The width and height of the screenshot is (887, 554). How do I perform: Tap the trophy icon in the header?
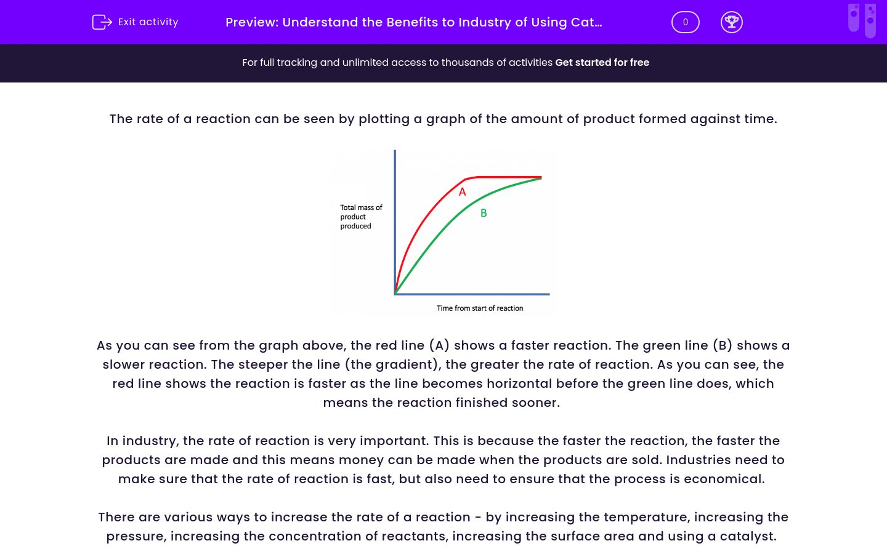[731, 22]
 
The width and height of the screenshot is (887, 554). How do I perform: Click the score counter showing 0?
[685, 22]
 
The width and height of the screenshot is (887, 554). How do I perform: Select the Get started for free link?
[602, 63]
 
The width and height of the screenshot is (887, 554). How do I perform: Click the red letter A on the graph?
[463, 192]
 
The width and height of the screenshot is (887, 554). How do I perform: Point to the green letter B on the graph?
[484, 213]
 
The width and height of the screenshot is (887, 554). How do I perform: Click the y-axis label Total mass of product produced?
[361, 217]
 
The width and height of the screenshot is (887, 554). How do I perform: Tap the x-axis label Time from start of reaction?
[480, 308]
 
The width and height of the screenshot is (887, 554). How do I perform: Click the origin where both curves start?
[395, 293]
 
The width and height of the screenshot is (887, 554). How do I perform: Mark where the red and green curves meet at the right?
[541, 178]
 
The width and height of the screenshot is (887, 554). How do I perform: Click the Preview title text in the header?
[414, 22]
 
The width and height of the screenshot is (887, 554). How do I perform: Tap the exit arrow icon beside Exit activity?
[102, 22]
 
